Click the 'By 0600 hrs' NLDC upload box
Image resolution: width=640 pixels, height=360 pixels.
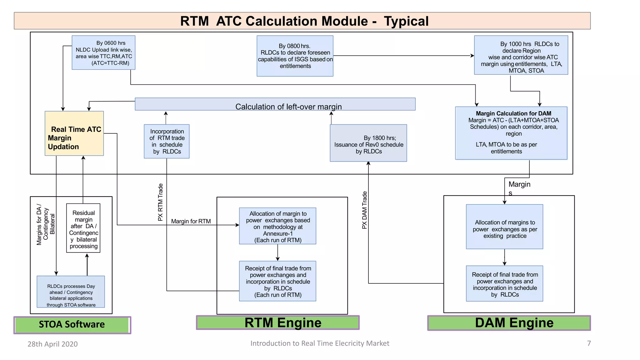point(103,52)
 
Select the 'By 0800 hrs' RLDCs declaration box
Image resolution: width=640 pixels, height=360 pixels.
point(295,56)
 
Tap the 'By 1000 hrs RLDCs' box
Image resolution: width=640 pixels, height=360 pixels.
point(521,55)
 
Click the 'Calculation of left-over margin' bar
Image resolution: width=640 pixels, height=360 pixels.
point(275,104)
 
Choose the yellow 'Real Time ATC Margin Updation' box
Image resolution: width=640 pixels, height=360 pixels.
point(74,133)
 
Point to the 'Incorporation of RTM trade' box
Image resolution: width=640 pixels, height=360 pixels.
point(167,141)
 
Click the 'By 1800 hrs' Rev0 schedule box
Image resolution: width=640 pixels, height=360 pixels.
point(368,143)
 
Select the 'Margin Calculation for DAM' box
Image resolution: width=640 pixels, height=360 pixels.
point(511,133)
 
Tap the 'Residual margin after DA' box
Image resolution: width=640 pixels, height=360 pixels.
point(83,228)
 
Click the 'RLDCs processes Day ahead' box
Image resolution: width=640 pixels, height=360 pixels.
point(71,292)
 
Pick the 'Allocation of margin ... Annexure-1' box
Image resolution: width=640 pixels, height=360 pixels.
point(277,226)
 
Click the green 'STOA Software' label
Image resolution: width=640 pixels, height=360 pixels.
point(72,325)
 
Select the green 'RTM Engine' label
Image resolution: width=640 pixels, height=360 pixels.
point(277,323)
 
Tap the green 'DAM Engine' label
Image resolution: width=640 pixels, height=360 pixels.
point(509,323)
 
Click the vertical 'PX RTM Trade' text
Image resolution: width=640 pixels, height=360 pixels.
point(160,202)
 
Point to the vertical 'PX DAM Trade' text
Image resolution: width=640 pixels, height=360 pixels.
point(364,210)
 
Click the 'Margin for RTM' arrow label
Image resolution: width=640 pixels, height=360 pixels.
point(191,221)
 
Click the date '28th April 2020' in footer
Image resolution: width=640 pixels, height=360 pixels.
point(52,344)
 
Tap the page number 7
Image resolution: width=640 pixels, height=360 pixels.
point(589,343)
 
